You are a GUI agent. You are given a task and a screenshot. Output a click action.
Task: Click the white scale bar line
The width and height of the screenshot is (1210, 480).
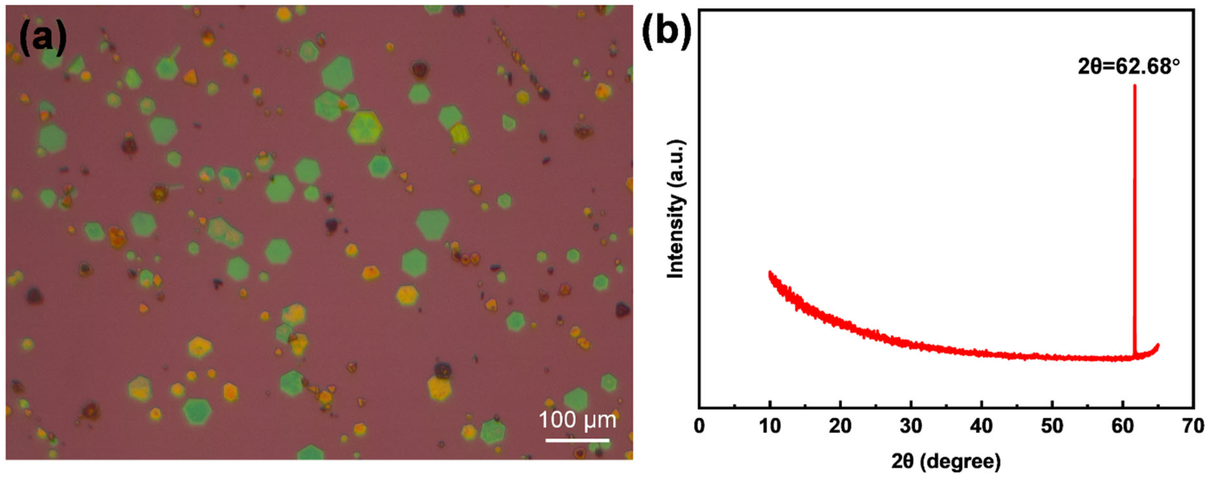577,440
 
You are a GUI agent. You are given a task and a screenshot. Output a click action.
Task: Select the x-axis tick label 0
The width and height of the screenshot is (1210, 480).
699,426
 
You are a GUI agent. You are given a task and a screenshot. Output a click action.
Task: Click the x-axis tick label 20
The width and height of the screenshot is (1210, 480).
840,426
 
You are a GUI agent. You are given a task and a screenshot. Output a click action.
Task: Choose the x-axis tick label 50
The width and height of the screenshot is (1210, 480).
1052,426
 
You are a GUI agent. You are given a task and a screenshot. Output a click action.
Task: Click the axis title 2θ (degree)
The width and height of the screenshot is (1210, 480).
946,462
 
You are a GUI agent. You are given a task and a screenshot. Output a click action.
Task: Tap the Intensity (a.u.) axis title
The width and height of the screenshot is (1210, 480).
675,209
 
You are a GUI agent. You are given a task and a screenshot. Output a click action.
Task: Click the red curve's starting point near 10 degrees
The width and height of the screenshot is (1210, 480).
770,272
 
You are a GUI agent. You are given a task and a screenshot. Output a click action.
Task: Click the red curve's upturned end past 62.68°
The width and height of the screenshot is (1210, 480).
1157,346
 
